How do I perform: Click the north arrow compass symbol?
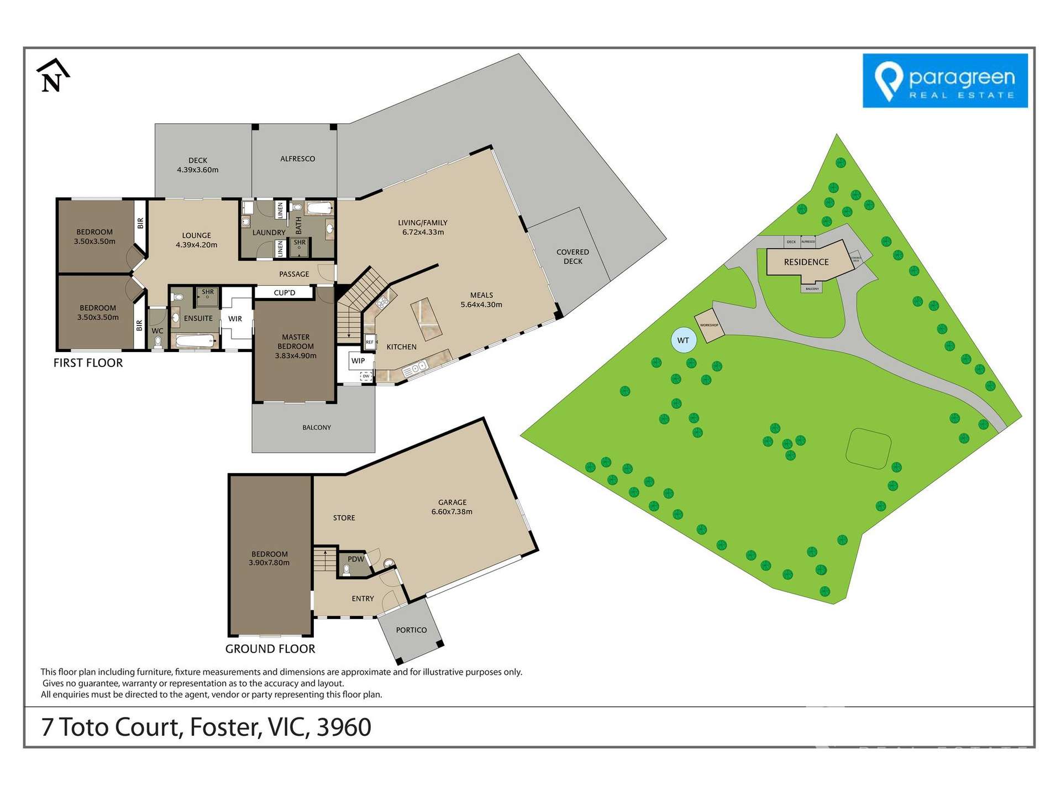[x=52, y=76]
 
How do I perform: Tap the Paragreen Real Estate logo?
[x=945, y=81]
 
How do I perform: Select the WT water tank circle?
[x=683, y=341]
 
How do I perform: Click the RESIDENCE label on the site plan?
[x=806, y=262]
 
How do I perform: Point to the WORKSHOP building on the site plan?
[x=709, y=325]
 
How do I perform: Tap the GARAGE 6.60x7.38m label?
[x=452, y=507]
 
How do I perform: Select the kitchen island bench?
[x=426, y=319]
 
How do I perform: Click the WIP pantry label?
[x=358, y=361]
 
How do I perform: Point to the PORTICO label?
[x=411, y=630]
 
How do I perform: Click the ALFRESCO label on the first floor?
[x=297, y=159]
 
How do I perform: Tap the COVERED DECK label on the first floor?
[x=572, y=256]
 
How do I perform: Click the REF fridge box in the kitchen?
[x=370, y=342]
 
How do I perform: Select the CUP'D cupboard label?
[x=285, y=292]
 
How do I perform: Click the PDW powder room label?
[x=356, y=559]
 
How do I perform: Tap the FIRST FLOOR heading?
[x=88, y=363]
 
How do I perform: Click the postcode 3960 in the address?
[x=344, y=727]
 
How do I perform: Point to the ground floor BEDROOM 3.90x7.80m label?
[x=269, y=558]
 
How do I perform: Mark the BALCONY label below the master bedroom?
[x=317, y=427]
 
